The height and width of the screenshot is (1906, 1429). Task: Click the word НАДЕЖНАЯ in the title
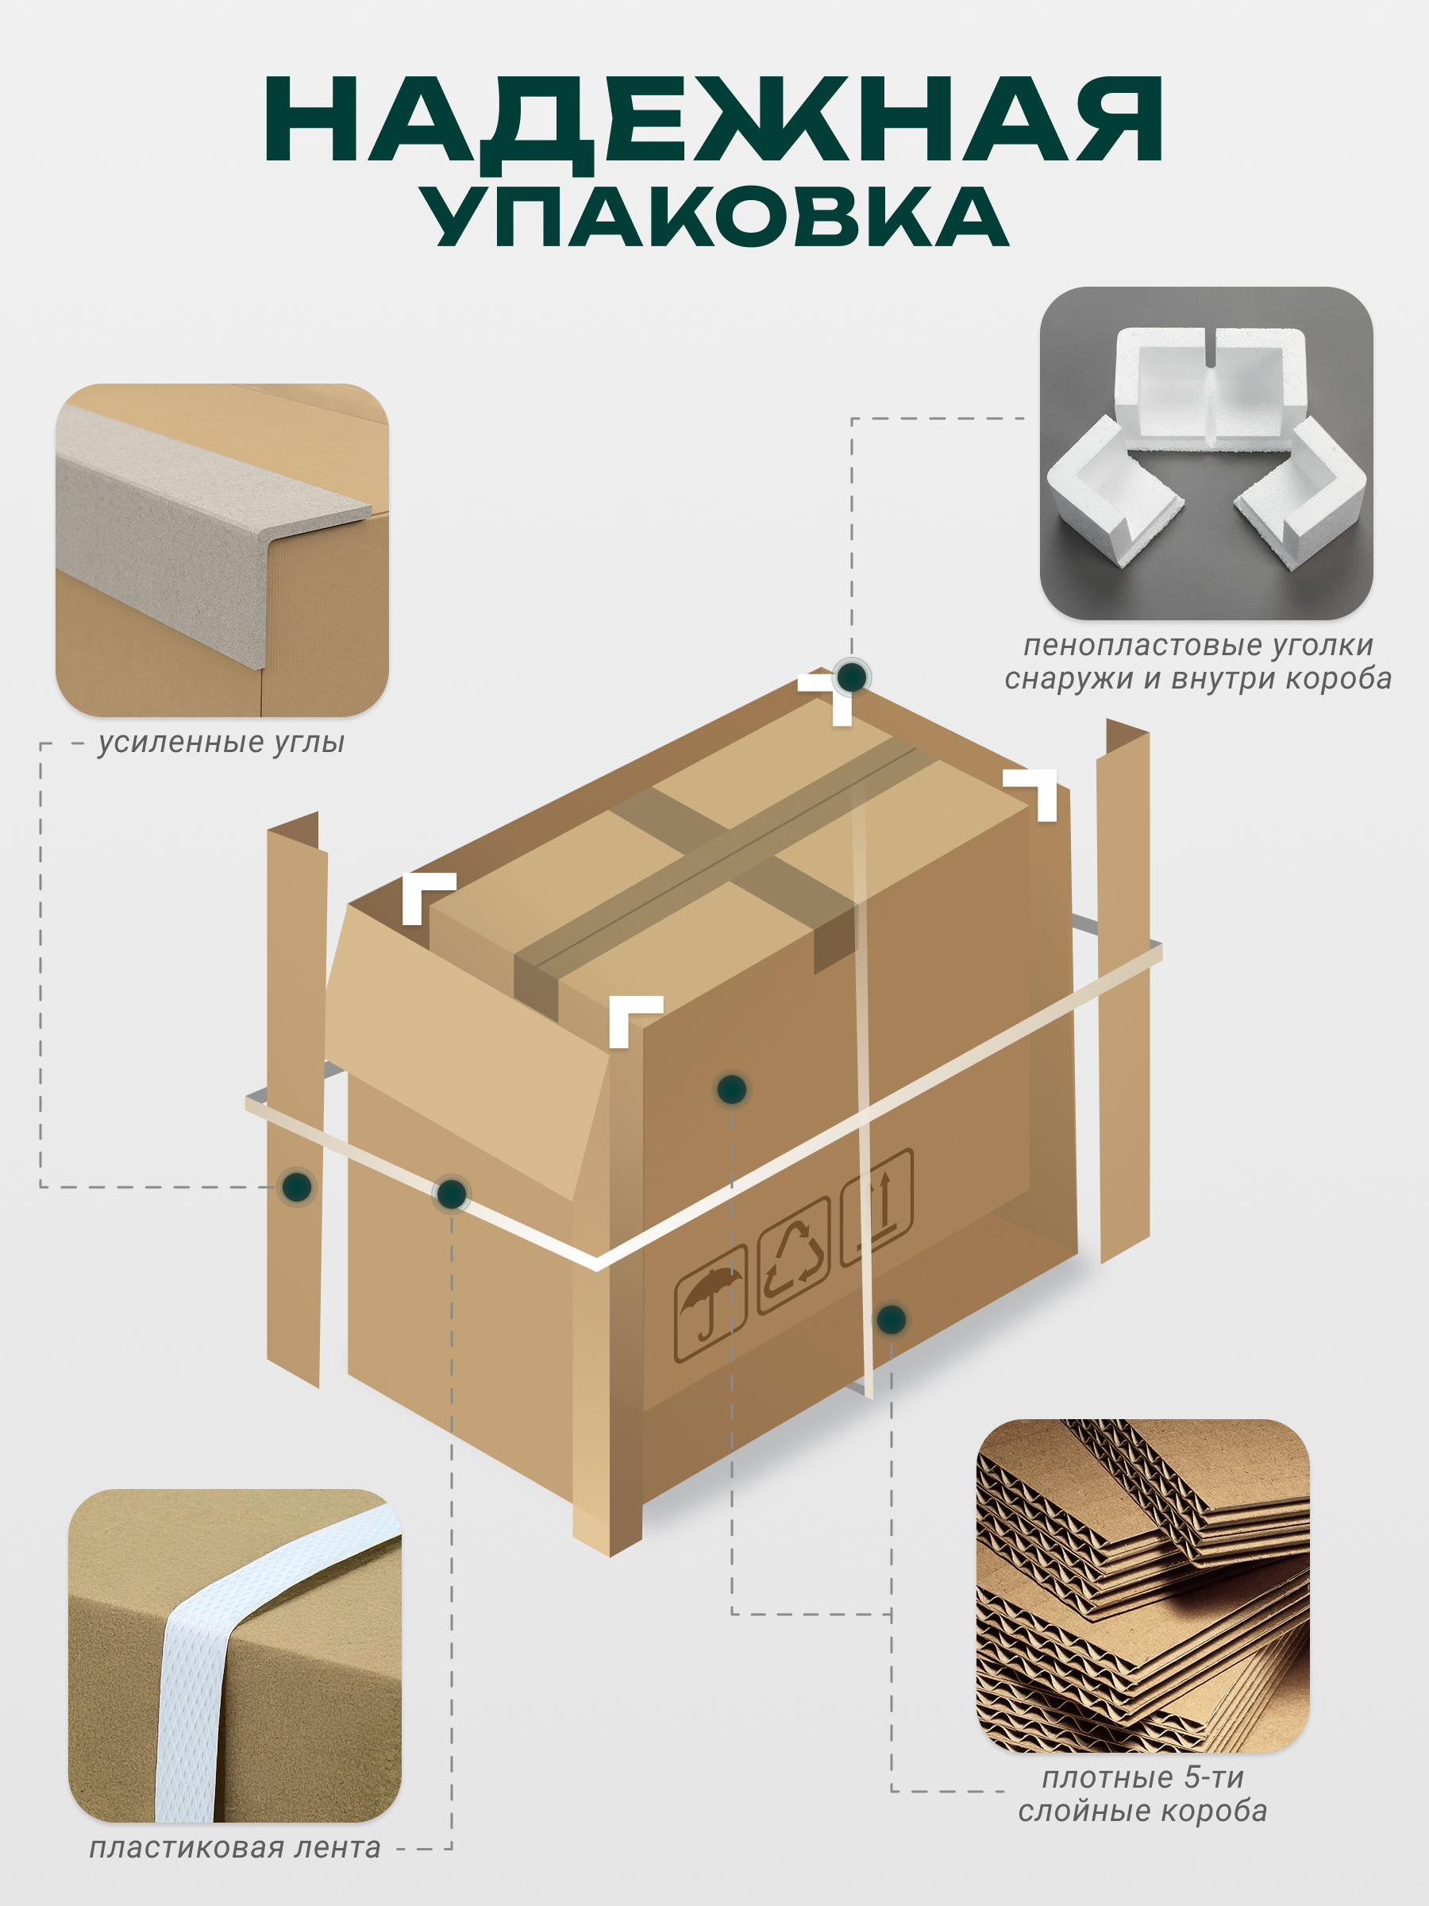[x=714, y=122]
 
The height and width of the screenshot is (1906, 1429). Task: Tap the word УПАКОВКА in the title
[x=714, y=216]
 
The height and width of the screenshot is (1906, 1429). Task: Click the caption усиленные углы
[x=221, y=743]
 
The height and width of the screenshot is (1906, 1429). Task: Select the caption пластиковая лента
[x=234, y=1847]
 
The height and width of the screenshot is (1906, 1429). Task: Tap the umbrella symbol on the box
[x=710, y=1304]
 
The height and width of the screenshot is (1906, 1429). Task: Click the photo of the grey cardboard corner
[x=222, y=550]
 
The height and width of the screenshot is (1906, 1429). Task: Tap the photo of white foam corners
[x=1206, y=453]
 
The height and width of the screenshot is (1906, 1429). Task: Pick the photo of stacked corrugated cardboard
[x=1143, y=1585]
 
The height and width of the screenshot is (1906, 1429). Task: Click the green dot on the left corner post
[x=297, y=1186]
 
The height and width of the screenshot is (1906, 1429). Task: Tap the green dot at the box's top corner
[x=852, y=677]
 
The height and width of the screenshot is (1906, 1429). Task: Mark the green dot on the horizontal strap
[x=452, y=1194]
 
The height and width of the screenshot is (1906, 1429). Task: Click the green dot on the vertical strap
[x=891, y=1319]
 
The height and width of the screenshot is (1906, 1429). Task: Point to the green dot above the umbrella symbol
[x=731, y=1089]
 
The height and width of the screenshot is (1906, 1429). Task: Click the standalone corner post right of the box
[x=1123, y=991]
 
